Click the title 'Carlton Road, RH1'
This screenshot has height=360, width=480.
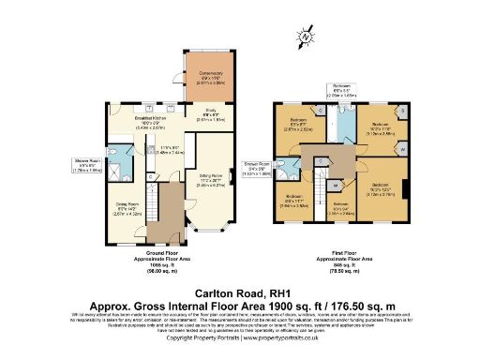coord(239,292)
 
